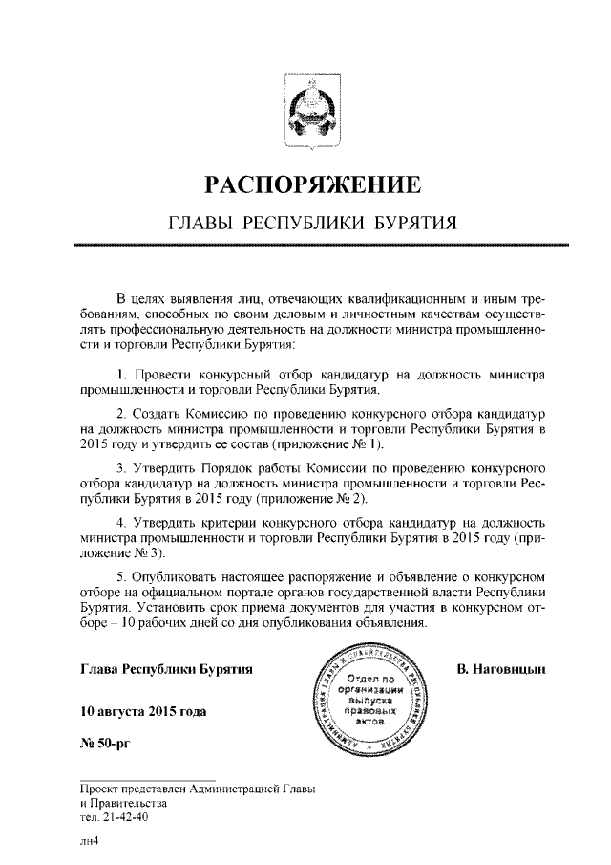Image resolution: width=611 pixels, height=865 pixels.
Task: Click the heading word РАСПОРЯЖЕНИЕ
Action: pos(305,184)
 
